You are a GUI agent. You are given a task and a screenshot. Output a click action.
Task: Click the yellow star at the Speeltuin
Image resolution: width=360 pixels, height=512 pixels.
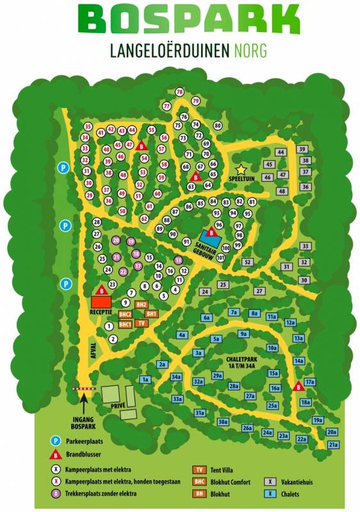click(241, 170)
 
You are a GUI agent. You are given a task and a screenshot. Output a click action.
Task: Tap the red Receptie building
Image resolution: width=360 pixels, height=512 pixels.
click(101, 302)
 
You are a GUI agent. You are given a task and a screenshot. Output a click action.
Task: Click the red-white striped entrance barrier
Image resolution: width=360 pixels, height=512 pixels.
click(86, 388)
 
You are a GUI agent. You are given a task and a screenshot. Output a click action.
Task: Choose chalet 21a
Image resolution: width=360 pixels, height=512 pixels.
click(333, 445)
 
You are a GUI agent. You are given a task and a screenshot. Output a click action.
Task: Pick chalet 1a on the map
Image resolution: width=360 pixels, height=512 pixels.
click(145, 380)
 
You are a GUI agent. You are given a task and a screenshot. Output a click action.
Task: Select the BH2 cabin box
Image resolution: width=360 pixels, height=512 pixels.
click(142, 305)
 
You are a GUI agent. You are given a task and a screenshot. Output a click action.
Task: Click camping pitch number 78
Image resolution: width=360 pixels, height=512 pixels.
click(179, 92)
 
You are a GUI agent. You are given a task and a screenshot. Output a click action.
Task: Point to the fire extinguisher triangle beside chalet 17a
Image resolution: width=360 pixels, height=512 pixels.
click(298, 386)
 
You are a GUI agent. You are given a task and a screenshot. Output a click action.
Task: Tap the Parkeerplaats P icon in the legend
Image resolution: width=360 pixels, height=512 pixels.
click(57, 441)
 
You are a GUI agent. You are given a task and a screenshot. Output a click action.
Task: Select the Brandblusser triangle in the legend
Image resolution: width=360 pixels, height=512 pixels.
click(57, 455)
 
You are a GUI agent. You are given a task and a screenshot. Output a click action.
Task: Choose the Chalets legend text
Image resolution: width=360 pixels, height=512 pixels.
click(289, 493)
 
